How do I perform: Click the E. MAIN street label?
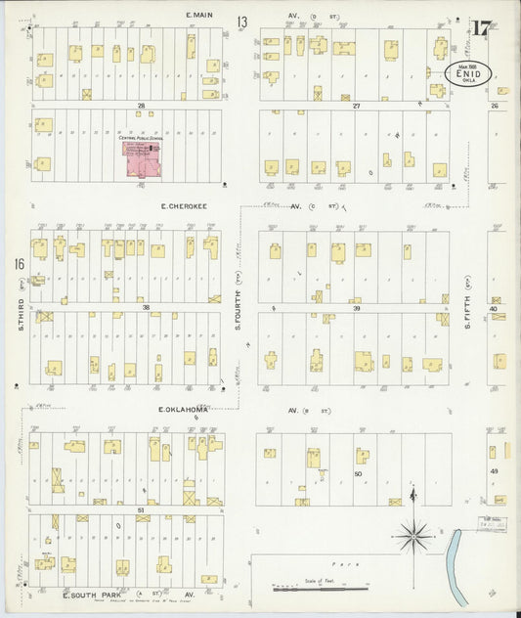201,16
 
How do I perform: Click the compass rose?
413,535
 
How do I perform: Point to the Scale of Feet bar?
320,589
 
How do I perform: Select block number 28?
142,105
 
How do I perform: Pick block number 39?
357,307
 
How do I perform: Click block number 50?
358,473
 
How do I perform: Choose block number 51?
142,509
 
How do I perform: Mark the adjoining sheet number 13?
240,22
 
